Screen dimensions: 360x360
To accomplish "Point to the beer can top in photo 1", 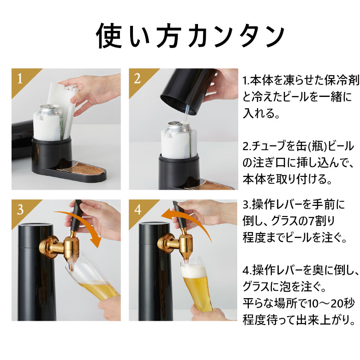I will point(52,109).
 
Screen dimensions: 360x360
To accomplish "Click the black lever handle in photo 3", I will point(76,217).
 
